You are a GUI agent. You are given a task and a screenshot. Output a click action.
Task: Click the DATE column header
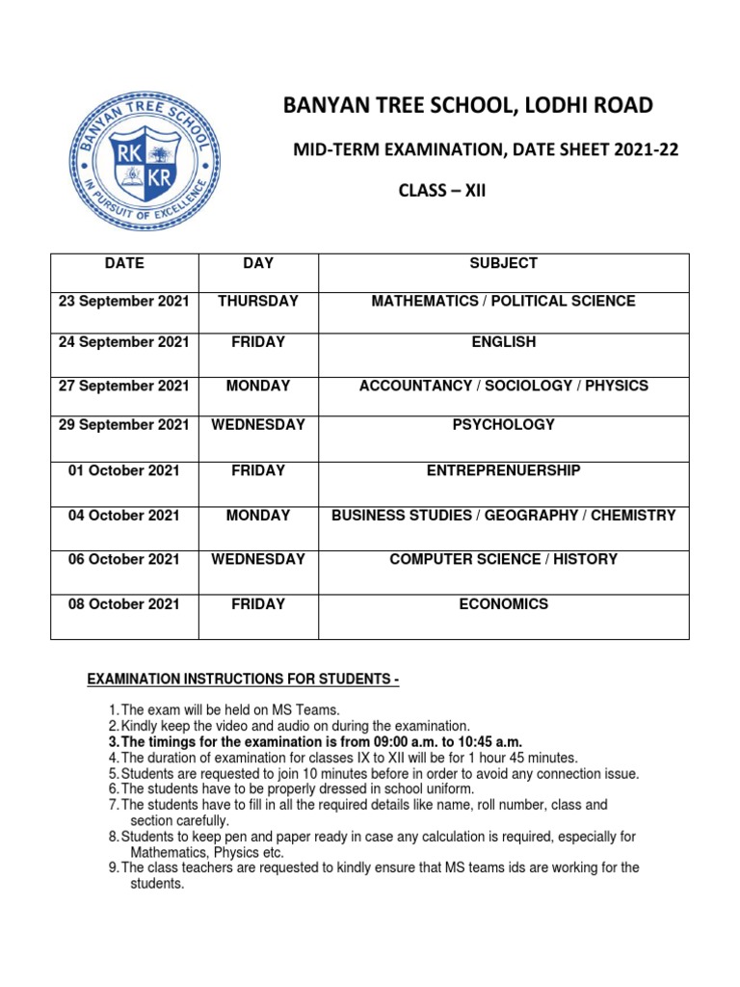point(124,263)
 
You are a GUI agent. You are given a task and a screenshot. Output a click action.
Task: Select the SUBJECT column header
point(503,263)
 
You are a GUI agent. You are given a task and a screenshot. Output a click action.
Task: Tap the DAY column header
point(258,263)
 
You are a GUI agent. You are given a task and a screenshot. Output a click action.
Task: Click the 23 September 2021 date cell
point(124,302)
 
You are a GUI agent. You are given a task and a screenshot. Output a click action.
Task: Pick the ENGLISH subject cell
point(503,342)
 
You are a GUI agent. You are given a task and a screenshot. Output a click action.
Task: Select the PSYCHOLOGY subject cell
point(503,425)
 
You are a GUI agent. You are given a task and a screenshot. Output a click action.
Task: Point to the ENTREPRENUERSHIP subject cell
point(503,471)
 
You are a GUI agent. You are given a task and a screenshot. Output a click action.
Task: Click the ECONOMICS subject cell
point(503,604)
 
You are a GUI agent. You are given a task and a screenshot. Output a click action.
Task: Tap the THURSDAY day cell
point(258,302)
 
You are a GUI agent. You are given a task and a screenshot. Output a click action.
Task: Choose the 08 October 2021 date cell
point(124,604)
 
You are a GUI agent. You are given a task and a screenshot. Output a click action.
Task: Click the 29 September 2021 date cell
point(124,425)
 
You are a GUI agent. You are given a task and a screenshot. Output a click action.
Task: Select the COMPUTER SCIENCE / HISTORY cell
point(503,559)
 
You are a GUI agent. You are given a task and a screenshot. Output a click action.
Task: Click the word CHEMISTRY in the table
point(633,516)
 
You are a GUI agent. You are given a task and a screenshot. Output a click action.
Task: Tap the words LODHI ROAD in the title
point(591,105)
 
